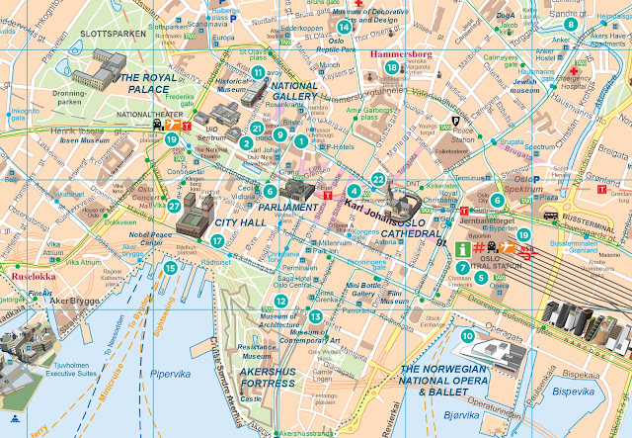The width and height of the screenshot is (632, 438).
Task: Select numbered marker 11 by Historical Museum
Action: point(257,72)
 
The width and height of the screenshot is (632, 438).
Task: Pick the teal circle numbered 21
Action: point(258,129)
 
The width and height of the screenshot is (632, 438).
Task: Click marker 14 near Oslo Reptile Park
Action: point(343,27)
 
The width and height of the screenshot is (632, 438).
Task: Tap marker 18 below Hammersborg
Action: point(392,67)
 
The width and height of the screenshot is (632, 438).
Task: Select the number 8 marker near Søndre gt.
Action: point(599,23)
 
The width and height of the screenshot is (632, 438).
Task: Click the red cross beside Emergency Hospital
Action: point(574,72)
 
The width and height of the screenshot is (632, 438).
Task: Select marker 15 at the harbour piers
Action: point(170,267)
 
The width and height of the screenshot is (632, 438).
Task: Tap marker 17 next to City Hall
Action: point(217,239)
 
